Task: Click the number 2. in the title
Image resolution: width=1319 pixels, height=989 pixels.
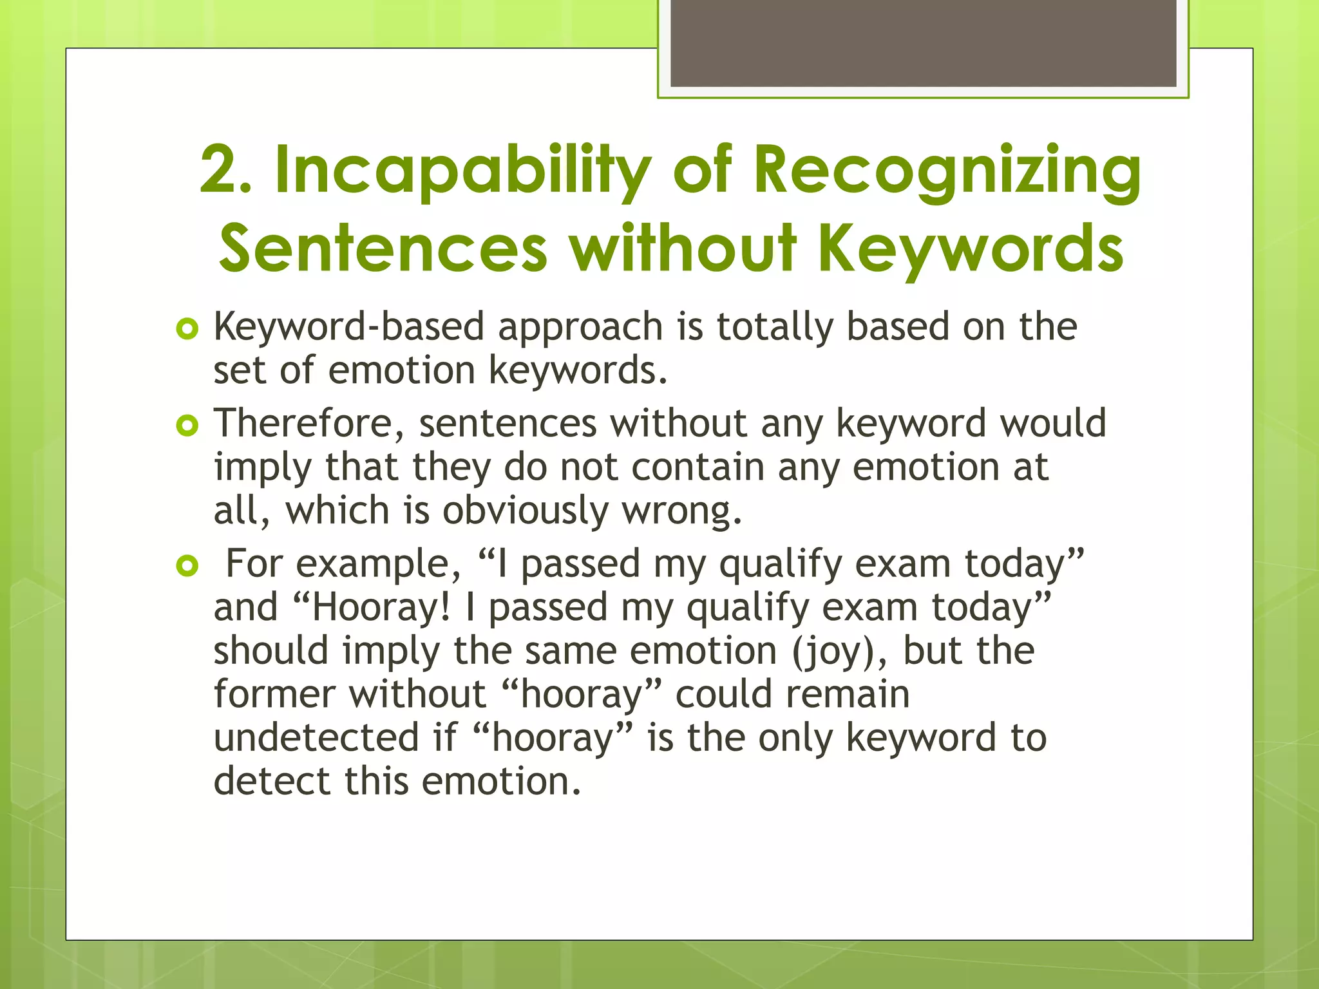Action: (x=225, y=169)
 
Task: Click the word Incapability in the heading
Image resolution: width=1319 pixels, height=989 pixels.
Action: (x=462, y=169)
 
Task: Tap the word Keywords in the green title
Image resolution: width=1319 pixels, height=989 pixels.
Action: (x=971, y=248)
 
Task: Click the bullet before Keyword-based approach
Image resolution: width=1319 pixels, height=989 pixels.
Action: (x=187, y=329)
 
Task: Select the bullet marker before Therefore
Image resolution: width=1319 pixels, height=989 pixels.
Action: (x=187, y=425)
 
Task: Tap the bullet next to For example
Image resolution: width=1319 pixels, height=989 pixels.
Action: (x=187, y=566)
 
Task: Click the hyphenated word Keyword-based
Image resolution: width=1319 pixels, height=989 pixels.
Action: (x=348, y=326)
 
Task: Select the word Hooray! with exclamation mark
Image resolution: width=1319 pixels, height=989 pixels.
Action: (x=381, y=607)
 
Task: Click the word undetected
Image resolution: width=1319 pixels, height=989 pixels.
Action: (x=316, y=737)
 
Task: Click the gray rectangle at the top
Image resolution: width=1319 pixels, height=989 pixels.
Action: (x=923, y=42)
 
